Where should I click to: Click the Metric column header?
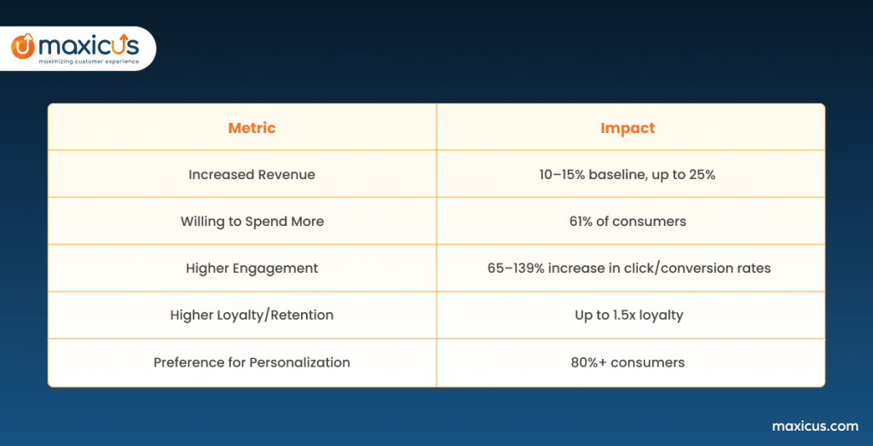[x=251, y=128]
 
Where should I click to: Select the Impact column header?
[x=627, y=128]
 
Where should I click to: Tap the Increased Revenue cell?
[x=251, y=174]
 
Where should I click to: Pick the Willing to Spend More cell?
[x=251, y=221]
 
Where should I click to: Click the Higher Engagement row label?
[x=251, y=268]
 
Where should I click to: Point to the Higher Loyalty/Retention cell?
[x=251, y=316]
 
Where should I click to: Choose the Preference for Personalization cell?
[x=251, y=362]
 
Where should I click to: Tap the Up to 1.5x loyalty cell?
[x=628, y=316]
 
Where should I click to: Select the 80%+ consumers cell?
[x=627, y=362]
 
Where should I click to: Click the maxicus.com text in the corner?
[x=815, y=426]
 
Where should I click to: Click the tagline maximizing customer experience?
[x=89, y=61]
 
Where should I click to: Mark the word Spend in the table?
[x=263, y=221]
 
